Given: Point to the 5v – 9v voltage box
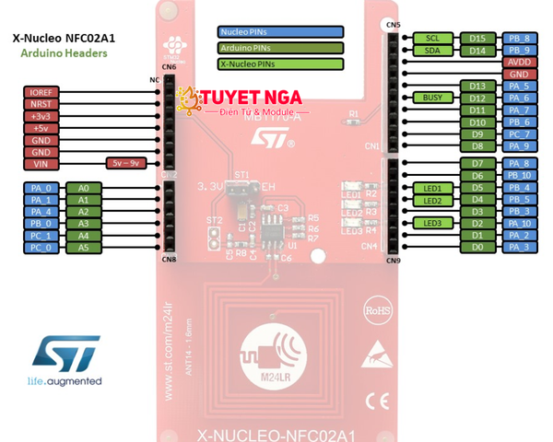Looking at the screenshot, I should [125, 162].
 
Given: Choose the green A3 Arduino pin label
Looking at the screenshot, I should [84, 223].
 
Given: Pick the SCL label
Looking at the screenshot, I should [433, 39].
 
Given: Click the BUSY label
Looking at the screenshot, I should [433, 98].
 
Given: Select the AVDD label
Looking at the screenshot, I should [518, 62].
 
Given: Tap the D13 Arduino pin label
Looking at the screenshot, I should [476, 86].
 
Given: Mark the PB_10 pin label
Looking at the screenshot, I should [518, 175].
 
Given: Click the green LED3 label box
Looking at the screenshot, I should [433, 223].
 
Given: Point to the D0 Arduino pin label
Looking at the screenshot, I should [476, 247].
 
